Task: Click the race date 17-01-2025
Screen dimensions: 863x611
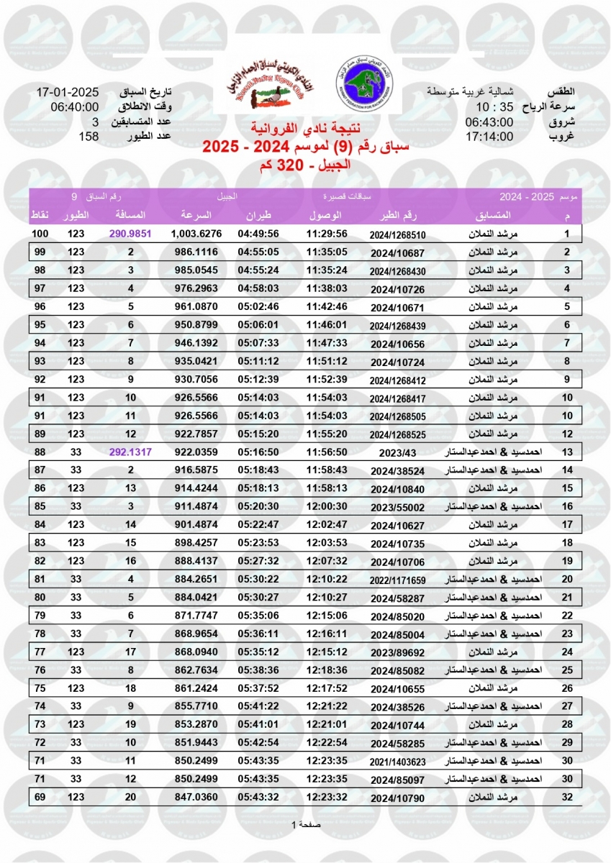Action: [68, 93]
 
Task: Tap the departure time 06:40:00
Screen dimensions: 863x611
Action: [68, 108]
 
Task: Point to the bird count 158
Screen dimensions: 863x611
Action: [89, 137]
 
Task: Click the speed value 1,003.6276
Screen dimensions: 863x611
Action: [196, 234]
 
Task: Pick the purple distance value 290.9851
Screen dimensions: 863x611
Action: [131, 234]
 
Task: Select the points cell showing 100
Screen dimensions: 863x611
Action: [40, 234]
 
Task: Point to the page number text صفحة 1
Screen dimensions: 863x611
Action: [305, 823]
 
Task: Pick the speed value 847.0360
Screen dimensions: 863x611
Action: [196, 796]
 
